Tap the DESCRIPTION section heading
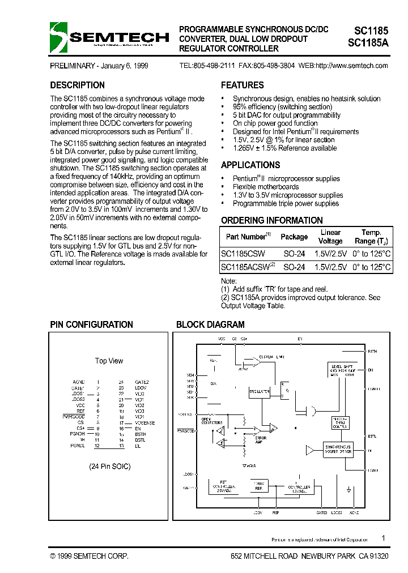tap(77, 85)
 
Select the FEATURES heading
tap(242, 85)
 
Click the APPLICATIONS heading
tap(250, 165)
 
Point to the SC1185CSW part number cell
tap(242, 253)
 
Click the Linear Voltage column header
tap(330, 237)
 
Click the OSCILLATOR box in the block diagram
tap(259, 391)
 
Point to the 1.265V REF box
tap(258, 485)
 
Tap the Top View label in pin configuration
tap(109, 361)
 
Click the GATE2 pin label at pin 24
tap(142, 382)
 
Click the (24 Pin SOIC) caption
tap(109, 467)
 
